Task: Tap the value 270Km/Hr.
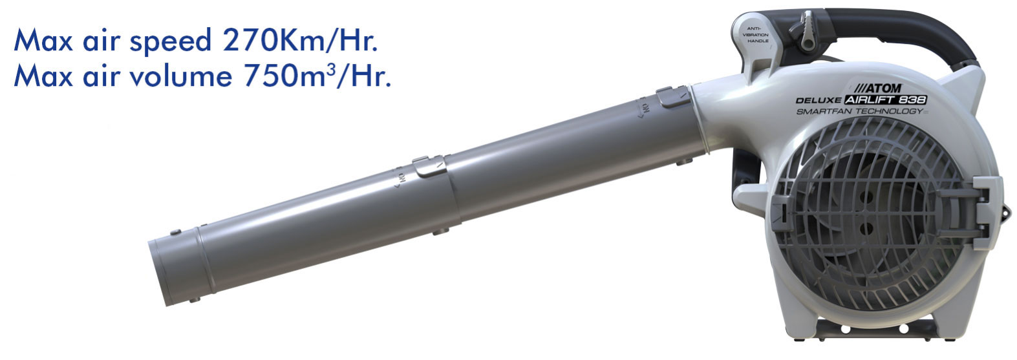[300, 40]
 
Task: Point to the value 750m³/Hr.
[317, 76]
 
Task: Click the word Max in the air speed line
[43, 40]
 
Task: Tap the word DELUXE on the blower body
[819, 100]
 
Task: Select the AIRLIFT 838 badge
[885, 100]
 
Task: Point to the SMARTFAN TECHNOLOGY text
[859, 111]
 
